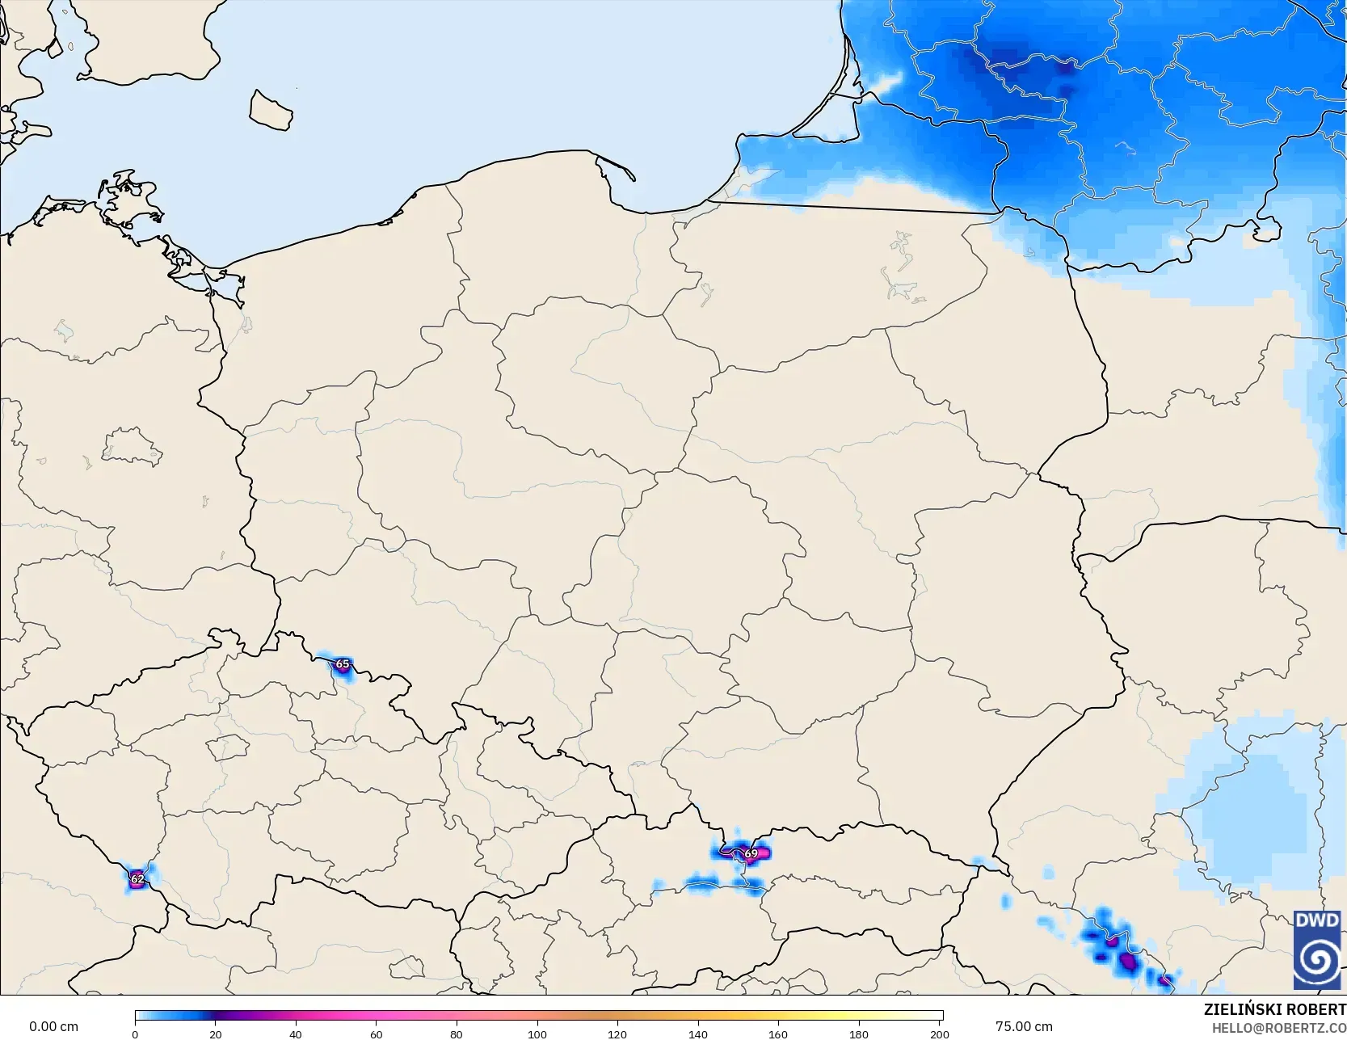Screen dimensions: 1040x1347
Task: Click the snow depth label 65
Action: (x=343, y=664)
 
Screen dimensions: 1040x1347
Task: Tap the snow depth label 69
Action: (x=751, y=853)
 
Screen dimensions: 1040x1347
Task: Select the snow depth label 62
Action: (x=137, y=878)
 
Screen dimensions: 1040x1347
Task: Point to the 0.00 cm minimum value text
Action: (x=53, y=1026)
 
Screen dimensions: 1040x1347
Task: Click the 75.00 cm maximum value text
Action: (x=1024, y=1026)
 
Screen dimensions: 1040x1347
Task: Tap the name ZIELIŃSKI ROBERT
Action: (x=1274, y=1009)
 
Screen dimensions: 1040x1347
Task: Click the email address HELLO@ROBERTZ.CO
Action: (x=1278, y=1028)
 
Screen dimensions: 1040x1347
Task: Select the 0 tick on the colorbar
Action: (x=135, y=1034)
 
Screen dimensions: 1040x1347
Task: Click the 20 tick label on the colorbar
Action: (x=215, y=1034)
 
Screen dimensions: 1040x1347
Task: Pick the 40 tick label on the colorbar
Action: (x=296, y=1034)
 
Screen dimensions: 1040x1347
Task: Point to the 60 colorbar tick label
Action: (x=376, y=1034)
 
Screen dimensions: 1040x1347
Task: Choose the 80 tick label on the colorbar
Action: (x=457, y=1034)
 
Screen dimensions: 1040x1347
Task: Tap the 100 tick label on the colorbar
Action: (x=537, y=1034)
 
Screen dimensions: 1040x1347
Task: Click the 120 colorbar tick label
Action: (x=617, y=1034)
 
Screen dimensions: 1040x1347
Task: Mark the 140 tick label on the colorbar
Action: (x=697, y=1034)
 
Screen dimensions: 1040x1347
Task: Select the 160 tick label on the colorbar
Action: (x=778, y=1034)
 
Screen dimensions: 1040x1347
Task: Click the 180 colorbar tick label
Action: (x=858, y=1034)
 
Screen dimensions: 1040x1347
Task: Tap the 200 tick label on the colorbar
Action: (x=939, y=1034)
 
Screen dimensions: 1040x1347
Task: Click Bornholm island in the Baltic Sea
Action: (x=271, y=111)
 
